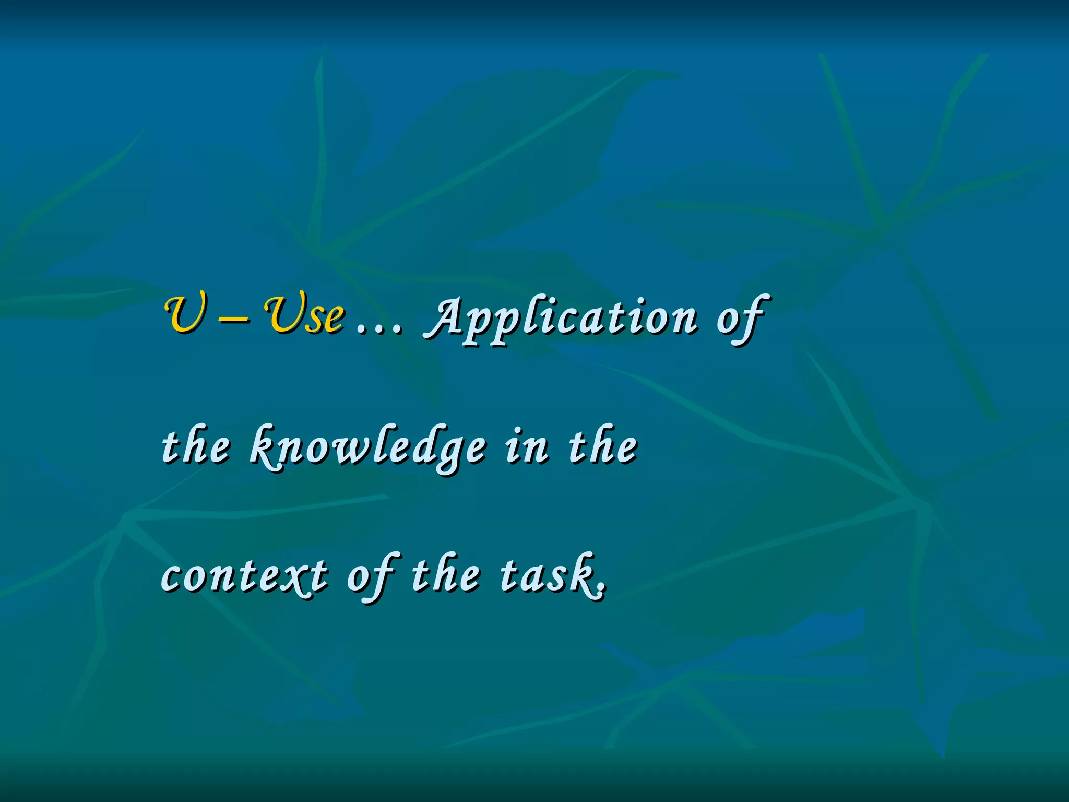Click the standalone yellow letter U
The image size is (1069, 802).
184,314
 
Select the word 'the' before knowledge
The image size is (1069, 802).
195,446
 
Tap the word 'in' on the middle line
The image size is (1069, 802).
527,446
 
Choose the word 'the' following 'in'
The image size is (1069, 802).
603,446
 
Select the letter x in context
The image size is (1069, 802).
299,577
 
